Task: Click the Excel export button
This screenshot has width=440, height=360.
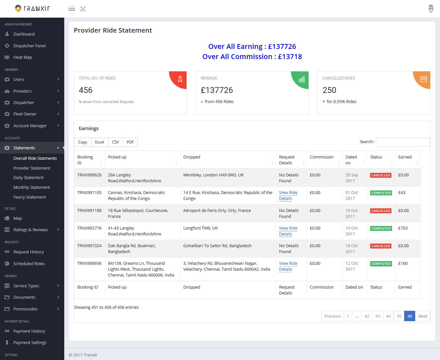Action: click(99, 142)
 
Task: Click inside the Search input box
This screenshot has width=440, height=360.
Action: click(403, 142)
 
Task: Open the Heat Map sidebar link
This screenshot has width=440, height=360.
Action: click(23, 57)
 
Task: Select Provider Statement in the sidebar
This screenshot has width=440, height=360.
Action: click(32, 168)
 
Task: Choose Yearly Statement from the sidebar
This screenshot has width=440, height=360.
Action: click(29, 197)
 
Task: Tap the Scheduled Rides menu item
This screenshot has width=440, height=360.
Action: click(29, 264)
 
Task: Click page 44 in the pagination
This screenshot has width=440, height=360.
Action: click(388, 316)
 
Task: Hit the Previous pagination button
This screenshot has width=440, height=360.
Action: click(332, 316)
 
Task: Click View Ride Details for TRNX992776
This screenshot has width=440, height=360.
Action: click(288, 231)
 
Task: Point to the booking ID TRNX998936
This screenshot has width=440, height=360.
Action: click(89, 263)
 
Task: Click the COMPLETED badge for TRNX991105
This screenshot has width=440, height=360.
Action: click(381, 193)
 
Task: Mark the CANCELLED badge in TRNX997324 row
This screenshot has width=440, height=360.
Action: click(381, 246)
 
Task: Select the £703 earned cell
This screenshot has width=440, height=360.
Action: click(403, 228)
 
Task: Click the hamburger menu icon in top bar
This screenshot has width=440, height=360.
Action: click(72, 9)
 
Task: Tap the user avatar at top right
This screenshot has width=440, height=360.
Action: click(431, 9)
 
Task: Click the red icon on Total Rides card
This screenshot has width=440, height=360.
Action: click(180, 79)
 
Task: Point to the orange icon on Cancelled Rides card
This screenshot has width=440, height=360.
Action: click(423, 79)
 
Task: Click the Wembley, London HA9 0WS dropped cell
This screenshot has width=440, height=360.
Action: click(214, 175)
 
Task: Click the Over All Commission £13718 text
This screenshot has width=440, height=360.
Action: click(252, 57)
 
